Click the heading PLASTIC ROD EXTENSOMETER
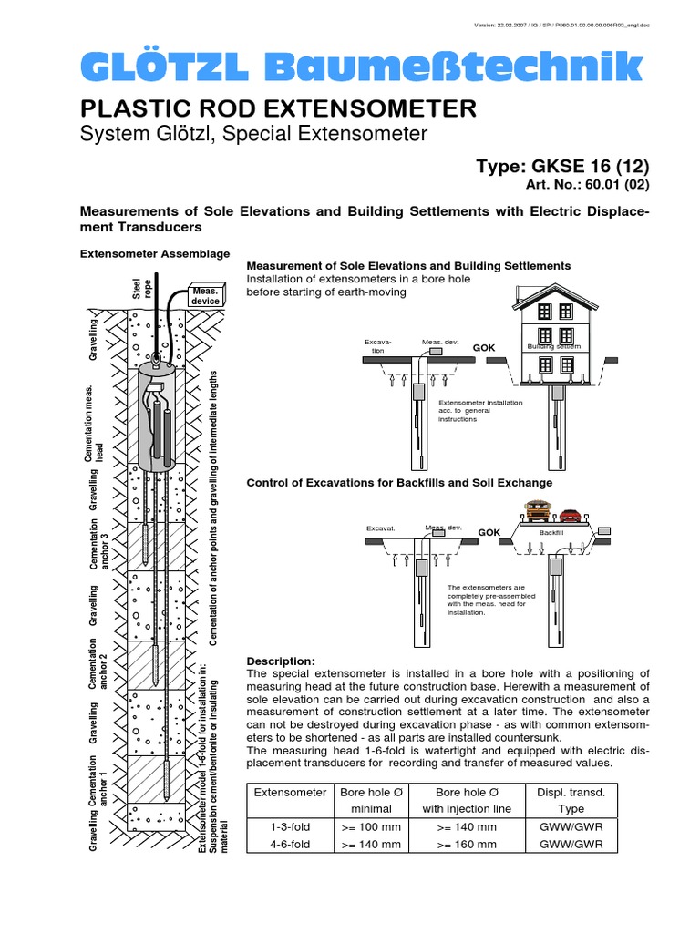(x=279, y=109)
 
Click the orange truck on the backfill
(x=538, y=511)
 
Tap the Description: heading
(x=281, y=661)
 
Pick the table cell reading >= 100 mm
(x=370, y=827)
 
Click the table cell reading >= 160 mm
(x=467, y=845)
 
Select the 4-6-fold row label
(x=289, y=845)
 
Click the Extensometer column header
(x=289, y=793)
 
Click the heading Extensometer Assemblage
(x=151, y=253)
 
